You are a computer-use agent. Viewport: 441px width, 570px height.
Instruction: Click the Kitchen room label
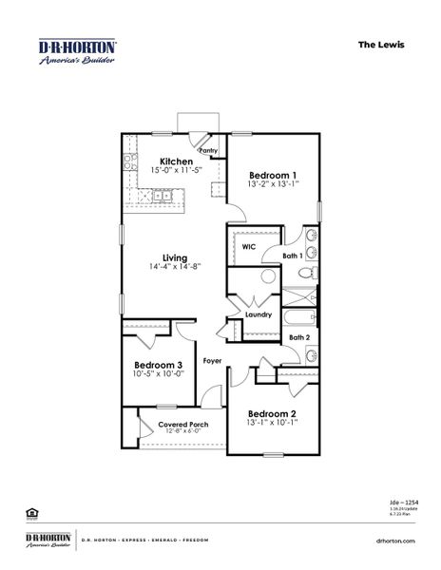pos(177,161)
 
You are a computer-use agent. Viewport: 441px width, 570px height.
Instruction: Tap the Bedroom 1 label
pos(273,175)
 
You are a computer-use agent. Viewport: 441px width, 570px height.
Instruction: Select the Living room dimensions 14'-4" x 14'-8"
pos(174,269)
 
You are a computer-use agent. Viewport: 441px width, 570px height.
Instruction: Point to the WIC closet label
pos(249,246)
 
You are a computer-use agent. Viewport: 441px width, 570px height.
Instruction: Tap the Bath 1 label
pos(293,256)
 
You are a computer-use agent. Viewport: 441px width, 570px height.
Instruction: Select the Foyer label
pos(213,362)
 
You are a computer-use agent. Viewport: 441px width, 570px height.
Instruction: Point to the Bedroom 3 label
pos(158,366)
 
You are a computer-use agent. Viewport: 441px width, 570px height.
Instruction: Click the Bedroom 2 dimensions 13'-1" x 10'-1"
pos(273,425)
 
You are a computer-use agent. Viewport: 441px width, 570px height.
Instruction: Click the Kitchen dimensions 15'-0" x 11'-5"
pos(177,171)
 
